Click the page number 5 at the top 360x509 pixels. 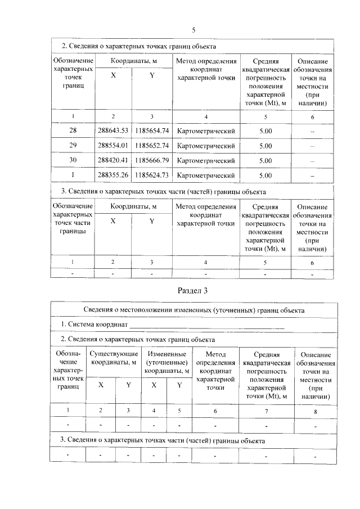[193, 30]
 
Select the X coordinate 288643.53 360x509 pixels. [113, 131]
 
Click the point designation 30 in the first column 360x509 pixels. [73, 160]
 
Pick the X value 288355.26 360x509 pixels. [113, 175]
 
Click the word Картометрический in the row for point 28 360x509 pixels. [205, 131]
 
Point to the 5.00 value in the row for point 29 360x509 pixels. [265, 146]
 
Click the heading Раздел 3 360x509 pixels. [193, 291]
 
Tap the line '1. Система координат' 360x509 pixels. [97, 325]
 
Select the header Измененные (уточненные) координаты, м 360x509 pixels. [166, 362]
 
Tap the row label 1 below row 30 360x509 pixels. [73, 175]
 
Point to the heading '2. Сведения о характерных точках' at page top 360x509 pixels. [138, 46]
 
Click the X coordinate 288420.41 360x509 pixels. [113, 160]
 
